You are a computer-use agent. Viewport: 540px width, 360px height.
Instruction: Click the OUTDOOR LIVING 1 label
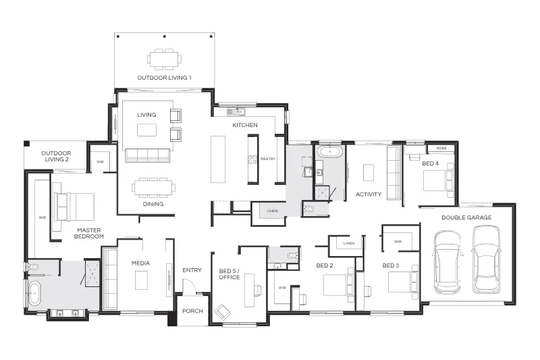tap(164, 78)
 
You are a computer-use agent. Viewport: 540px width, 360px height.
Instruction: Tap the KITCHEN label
tap(245, 125)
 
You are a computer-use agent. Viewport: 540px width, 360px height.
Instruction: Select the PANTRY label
tap(268, 159)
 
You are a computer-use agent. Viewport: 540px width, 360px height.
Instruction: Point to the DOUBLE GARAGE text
tap(466, 217)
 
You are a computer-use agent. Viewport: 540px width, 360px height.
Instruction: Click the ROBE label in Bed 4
tap(441, 148)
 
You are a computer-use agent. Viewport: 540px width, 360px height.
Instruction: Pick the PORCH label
tap(192, 311)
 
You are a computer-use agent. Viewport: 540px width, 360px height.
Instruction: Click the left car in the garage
tap(447, 262)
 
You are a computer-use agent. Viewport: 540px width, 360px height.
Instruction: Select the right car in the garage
tap(486, 259)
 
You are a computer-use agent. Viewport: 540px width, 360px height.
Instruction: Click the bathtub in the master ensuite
tap(34, 294)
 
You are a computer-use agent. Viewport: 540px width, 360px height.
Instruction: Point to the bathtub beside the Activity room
tap(330, 151)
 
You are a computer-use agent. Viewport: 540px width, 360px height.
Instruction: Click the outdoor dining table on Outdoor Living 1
tap(165, 59)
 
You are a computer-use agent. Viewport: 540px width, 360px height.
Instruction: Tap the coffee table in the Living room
tap(146, 130)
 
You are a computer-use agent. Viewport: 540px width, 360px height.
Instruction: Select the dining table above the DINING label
tap(154, 188)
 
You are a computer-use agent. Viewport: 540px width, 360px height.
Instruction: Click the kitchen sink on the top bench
tap(236, 111)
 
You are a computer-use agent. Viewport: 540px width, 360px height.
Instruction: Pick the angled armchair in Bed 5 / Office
tap(222, 312)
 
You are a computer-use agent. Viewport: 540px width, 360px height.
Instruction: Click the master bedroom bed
tap(74, 207)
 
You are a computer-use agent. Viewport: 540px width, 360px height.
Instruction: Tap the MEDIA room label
tap(140, 263)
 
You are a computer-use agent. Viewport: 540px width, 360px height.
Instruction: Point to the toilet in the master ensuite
tap(33, 267)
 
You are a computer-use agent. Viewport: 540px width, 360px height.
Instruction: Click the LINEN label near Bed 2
tap(349, 243)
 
